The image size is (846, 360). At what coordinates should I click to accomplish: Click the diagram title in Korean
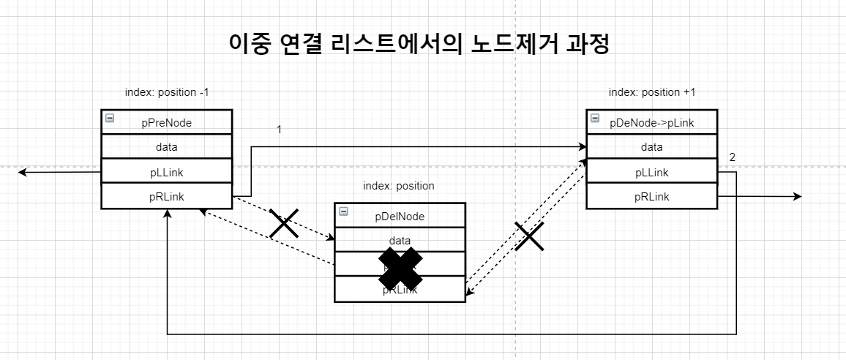click(419, 43)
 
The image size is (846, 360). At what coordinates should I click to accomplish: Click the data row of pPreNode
click(166, 147)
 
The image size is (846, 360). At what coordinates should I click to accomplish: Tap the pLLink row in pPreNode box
click(166, 171)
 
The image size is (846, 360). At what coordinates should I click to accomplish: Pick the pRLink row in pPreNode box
click(166, 196)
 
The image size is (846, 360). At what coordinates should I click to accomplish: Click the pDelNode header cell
click(400, 216)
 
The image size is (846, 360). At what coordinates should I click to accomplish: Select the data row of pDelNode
click(400, 240)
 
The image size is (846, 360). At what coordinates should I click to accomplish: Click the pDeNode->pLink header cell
click(651, 123)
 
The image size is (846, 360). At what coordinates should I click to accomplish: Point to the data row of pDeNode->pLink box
click(651, 147)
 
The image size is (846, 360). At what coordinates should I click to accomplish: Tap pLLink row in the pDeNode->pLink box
click(651, 172)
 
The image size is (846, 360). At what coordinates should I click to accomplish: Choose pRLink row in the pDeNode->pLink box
click(651, 197)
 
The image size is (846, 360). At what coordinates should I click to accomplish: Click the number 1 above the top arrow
click(279, 130)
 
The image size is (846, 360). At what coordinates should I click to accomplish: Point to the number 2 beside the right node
click(733, 157)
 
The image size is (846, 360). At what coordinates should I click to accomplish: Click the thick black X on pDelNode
click(400, 267)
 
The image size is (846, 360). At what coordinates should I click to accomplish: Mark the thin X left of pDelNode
click(284, 223)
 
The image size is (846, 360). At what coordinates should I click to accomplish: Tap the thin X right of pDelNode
click(529, 236)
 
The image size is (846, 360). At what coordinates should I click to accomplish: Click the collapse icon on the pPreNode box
click(109, 118)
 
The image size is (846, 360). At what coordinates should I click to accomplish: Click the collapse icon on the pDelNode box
click(343, 211)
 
